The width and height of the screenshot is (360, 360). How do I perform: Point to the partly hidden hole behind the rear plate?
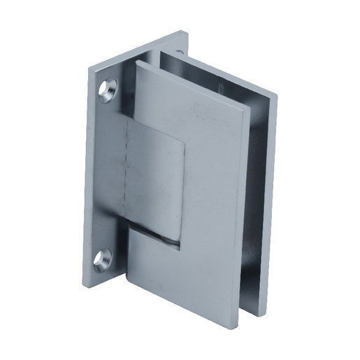tap(180, 50)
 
